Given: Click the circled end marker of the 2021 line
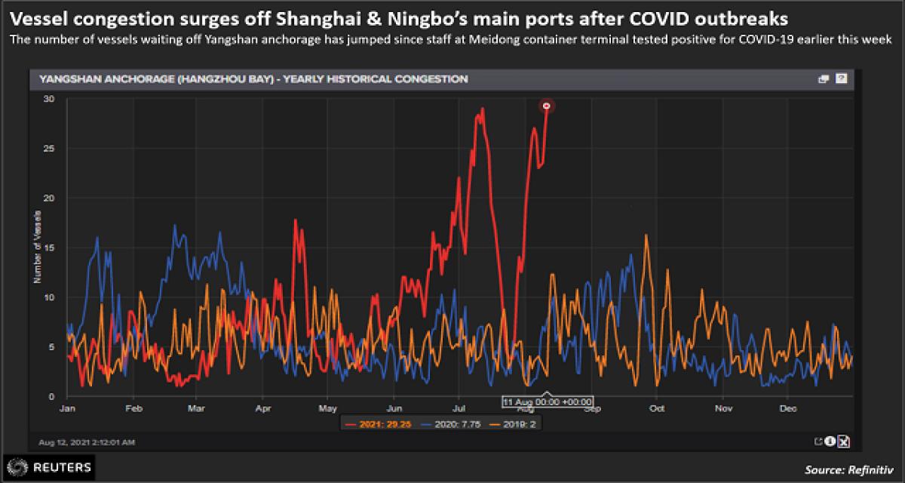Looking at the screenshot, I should (x=547, y=106).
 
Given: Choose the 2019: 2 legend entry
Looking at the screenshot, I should (x=513, y=423).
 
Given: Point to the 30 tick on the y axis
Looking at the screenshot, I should (x=50, y=99).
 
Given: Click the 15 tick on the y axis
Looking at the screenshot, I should (x=50, y=248).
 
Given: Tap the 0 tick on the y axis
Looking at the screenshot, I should (x=52, y=396).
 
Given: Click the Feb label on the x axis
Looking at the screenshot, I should (x=133, y=408).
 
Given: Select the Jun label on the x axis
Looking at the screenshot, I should (x=394, y=408).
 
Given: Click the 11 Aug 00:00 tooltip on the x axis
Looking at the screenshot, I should (x=547, y=401).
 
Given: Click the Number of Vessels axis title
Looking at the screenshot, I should (x=37, y=248).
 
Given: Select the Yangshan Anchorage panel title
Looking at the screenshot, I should (x=253, y=78).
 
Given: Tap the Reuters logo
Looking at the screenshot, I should (x=49, y=467).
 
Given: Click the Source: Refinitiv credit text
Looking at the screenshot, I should (x=849, y=469).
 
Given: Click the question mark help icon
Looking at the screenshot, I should (x=842, y=78).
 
